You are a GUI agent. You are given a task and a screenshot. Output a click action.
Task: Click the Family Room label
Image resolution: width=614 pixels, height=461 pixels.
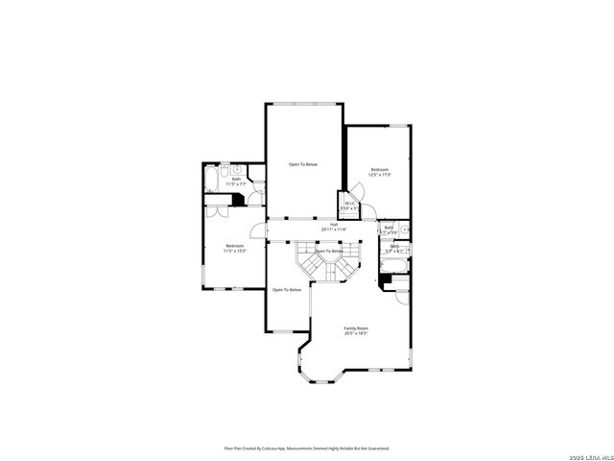[356, 328]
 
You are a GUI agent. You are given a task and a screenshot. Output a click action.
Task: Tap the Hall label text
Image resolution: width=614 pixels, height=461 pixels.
[334, 225]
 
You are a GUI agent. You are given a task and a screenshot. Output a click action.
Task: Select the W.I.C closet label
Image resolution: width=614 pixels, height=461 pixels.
[349, 204]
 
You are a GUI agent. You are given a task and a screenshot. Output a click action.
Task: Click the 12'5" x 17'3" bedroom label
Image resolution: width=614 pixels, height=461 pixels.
[380, 169]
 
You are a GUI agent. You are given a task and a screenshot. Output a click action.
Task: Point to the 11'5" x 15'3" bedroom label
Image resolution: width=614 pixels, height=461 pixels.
[235, 246]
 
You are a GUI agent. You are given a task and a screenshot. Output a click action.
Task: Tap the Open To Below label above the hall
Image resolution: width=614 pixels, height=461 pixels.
[303, 164]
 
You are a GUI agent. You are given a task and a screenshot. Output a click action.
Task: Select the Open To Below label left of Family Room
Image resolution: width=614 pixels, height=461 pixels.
[286, 289]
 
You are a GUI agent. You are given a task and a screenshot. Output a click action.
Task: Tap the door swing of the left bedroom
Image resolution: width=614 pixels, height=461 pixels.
[256, 231]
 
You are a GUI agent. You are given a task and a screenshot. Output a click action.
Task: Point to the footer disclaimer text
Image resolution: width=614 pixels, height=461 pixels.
[307, 448]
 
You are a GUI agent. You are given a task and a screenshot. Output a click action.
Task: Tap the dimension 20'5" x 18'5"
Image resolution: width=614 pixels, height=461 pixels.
[356, 333]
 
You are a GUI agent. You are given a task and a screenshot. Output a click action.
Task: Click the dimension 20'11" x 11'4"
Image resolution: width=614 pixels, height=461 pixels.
[334, 230]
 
